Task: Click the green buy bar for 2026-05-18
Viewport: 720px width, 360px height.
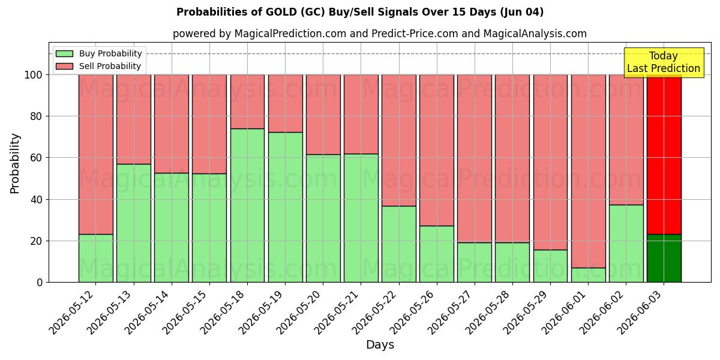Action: [x=247, y=205]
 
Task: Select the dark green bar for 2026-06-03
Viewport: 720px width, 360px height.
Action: [x=664, y=258]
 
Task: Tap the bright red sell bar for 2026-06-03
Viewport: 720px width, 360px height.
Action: [x=664, y=155]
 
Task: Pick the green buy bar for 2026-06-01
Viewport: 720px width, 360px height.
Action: [x=588, y=275]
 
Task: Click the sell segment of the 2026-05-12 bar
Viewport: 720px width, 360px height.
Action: [x=96, y=155]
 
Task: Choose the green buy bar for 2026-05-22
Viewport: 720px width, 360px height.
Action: [x=399, y=244]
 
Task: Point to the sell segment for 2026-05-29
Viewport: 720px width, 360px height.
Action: [x=550, y=163]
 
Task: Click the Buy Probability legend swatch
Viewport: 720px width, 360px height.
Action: [x=64, y=53]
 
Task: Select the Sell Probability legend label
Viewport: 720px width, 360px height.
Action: [x=110, y=66]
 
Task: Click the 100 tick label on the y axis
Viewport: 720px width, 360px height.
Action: [x=34, y=75]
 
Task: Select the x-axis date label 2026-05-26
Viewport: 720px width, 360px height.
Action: [x=413, y=313]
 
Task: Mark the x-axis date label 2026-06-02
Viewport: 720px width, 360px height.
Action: [x=602, y=313]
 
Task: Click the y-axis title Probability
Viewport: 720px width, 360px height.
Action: [x=15, y=164]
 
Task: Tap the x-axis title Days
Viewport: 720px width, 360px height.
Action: [x=380, y=345]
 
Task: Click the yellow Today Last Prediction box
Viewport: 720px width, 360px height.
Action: [x=664, y=62]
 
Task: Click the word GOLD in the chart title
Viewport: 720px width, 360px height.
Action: [x=281, y=12]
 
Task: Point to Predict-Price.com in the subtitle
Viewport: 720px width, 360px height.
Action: [x=415, y=34]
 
